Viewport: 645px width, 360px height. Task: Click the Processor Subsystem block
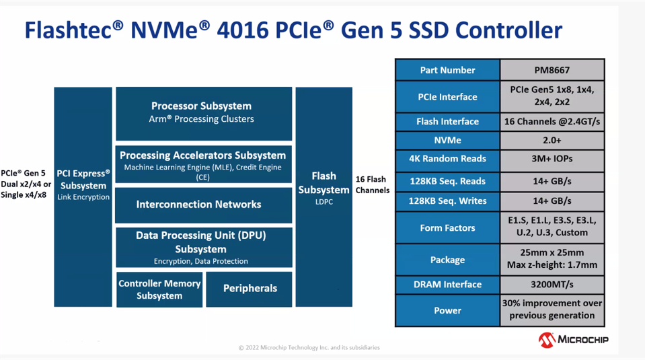point(203,112)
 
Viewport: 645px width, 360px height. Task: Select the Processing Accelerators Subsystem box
point(203,164)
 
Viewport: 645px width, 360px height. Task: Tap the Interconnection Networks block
point(203,205)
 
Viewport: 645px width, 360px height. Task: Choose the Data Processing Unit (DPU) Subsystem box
point(203,247)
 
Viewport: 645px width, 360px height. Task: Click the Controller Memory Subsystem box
point(159,289)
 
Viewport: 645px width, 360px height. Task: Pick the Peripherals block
point(250,289)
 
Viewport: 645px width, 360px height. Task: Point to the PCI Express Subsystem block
point(83,196)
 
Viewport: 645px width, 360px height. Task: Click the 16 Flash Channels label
point(372,185)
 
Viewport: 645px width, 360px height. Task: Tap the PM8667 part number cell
point(552,70)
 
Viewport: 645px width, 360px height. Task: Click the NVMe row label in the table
point(447,141)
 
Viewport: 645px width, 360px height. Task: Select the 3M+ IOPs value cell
point(552,159)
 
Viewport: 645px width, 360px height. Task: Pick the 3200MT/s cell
point(552,285)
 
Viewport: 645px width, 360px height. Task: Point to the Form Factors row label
point(447,228)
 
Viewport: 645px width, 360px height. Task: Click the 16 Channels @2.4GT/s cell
point(552,122)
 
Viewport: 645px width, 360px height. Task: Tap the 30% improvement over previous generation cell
point(552,310)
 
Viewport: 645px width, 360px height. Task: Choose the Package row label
point(447,260)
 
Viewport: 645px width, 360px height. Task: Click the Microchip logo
point(573,340)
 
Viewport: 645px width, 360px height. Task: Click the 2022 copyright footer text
point(309,348)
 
